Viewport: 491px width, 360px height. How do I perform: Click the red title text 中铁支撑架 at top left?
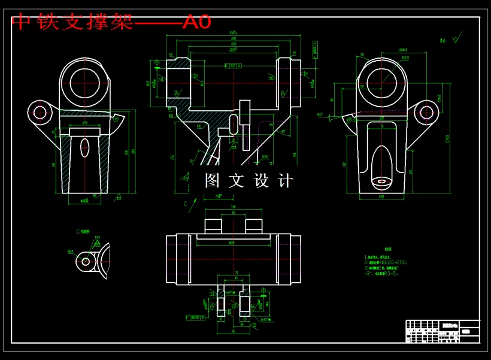coord(72,22)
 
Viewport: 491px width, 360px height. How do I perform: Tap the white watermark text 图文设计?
coord(248,180)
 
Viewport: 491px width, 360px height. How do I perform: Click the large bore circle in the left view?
coord(87,83)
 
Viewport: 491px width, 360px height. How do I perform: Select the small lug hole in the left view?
coord(40,111)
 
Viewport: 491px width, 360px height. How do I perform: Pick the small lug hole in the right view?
coord(426,111)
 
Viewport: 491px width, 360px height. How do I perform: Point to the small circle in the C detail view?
coord(86,261)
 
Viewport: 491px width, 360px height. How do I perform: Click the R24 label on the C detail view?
coord(71,252)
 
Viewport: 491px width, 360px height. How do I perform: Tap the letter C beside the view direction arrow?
coord(186,204)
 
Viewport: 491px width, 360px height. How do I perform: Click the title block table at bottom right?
coord(442,331)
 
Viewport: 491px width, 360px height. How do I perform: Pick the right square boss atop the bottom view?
coord(254,226)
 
